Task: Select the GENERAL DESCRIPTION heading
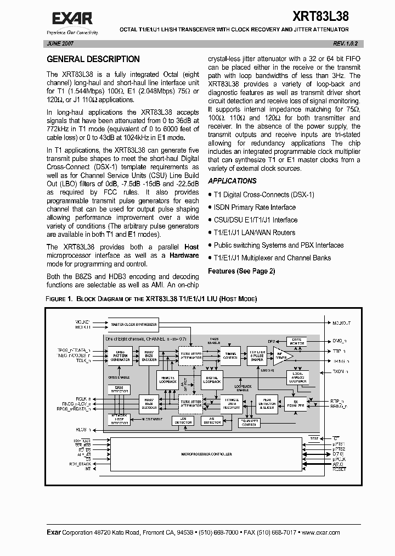click(x=93, y=59)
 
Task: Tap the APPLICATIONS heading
click(x=232, y=181)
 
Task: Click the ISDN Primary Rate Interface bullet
click(x=254, y=207)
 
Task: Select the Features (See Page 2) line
click(x=241, y=271)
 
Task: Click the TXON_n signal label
click(x=340, y=372)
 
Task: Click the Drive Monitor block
click(x=296, y=342)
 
